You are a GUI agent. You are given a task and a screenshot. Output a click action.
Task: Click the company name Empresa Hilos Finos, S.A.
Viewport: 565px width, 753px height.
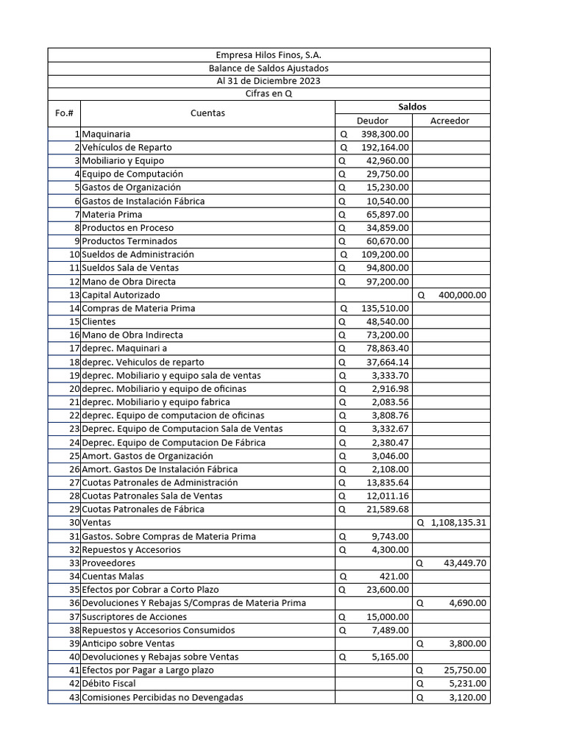tap(269, 55)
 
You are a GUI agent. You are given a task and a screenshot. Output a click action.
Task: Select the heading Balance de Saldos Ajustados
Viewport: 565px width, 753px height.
tap(269, 68)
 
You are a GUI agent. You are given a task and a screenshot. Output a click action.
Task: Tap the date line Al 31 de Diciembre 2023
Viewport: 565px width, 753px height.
tap(269, 81)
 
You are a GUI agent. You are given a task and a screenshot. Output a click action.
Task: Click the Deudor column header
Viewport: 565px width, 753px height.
tap(372, 121)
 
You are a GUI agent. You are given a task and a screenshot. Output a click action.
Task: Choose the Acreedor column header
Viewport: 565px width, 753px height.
tap(449, 121)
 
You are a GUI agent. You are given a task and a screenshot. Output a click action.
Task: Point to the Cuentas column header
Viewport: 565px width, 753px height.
tap(207, 113)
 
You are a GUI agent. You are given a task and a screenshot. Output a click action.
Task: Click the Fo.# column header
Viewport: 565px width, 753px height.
tap(64, 113)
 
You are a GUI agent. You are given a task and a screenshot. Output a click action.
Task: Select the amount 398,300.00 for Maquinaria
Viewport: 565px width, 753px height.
tap(385, 135)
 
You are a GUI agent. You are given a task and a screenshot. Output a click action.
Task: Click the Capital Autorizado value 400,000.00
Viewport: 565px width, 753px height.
tap(462, 295)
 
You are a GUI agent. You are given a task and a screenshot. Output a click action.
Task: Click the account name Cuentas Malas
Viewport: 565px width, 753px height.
tap(113, 576)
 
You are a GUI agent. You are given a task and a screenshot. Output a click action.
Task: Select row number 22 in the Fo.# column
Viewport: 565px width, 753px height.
tap(74, 415)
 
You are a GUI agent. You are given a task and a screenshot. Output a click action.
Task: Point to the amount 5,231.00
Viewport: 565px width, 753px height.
tap(468, 683)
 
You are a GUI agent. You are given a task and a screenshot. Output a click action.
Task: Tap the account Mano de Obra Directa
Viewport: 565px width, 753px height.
tap(129, 282)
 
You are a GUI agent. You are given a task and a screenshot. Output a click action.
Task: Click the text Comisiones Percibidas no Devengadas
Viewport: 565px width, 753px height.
tap(163, 697)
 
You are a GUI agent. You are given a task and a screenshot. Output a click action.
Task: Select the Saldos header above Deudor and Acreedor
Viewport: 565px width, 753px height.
tap(412, 107)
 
